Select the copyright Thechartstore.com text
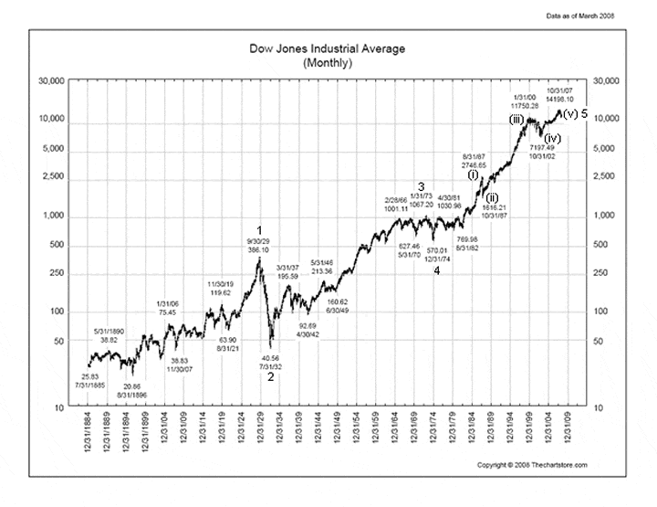coord(532,465)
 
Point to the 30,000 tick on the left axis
coord(46,80)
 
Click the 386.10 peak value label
coord(258,249)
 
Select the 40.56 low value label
coord(270,358)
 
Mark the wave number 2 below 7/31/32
coord(270,375)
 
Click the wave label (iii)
coord(516,120)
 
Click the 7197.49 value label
coord(539,147)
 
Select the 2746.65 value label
coord(474,164)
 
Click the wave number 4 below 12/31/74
coord(437,270)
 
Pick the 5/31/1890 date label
coord(109,331)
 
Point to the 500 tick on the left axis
coord(50,245)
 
